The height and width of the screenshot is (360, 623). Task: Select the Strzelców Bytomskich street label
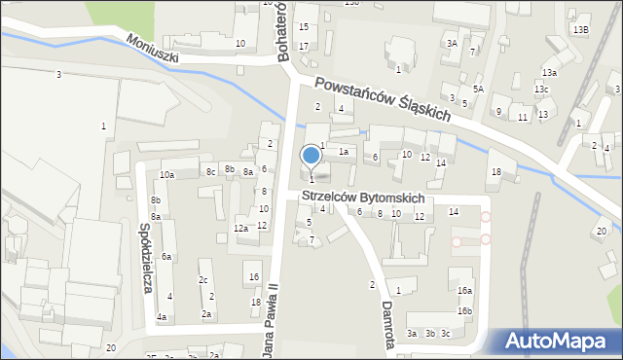click(362, 198)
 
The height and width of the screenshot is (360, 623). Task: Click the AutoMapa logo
click(558, 342)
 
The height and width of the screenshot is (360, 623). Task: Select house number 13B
click(580, 30)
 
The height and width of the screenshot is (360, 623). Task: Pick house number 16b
click(465, 311)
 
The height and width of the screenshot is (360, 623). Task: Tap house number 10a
click(167, 174)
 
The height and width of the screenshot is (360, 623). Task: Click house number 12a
click(240, 229)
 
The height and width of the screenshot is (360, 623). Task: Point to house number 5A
click(478, 89)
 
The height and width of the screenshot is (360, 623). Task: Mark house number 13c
click(540, 90)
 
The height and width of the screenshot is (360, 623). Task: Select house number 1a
click(343, 152)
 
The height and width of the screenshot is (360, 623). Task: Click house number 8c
click(210, 171)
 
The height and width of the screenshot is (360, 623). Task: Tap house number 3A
click(451, 44)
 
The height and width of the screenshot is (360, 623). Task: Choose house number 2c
click(202, 280)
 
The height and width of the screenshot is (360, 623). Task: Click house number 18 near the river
click(495, 172)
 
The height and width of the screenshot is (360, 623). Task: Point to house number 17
click(304, 46)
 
